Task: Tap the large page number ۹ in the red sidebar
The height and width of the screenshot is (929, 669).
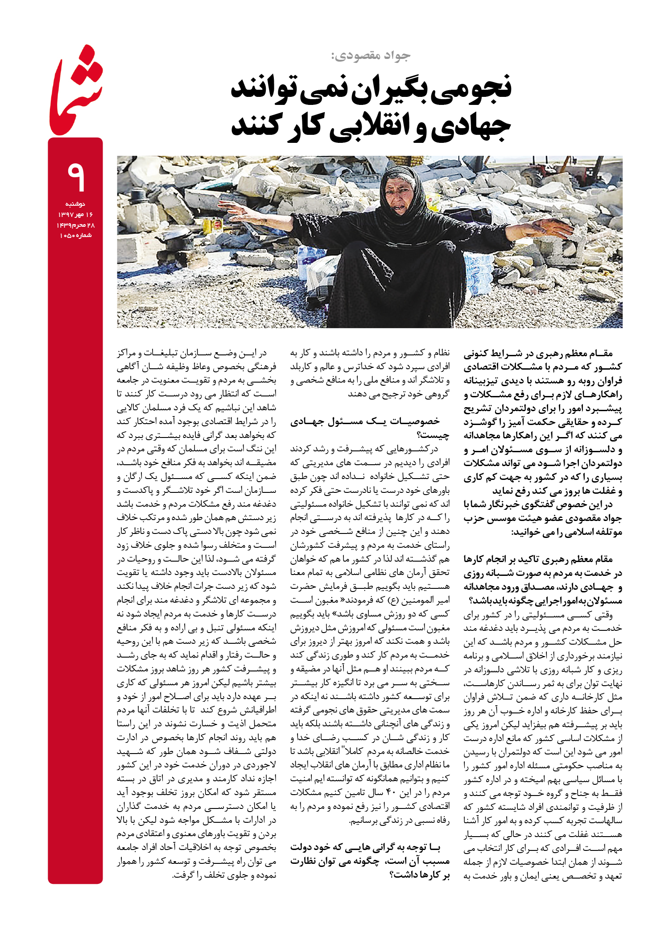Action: (76, 176)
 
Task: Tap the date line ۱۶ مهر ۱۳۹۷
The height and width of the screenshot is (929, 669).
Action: (75, 215)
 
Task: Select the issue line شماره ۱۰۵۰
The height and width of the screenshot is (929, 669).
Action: (75, 235)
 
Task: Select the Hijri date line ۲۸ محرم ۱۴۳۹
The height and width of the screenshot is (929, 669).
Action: (75, 225)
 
